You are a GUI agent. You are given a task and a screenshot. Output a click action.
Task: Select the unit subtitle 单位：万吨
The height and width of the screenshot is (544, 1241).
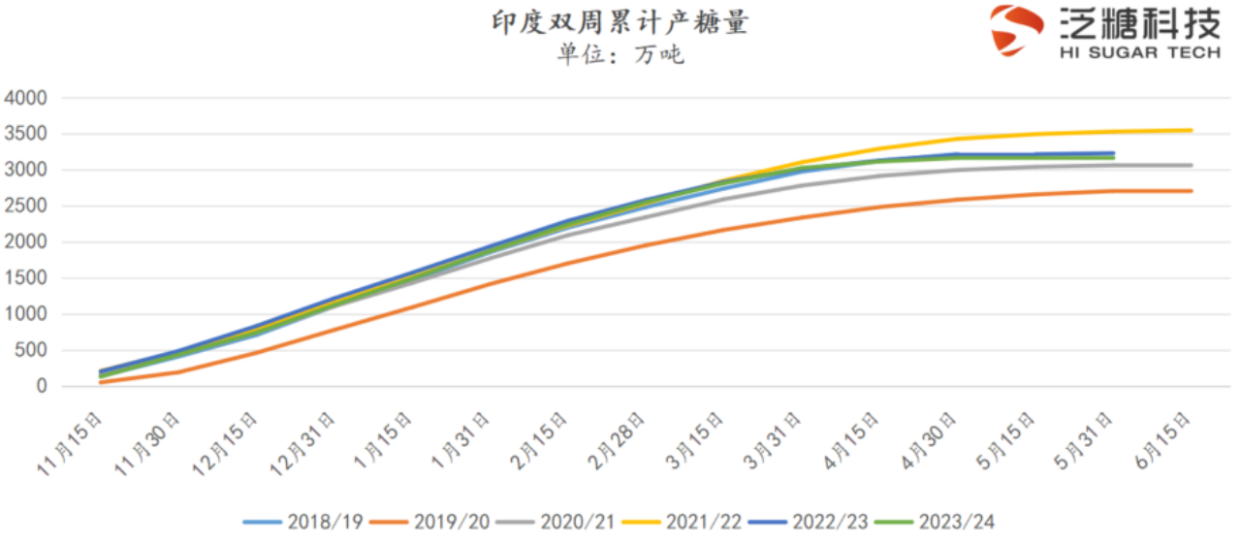click(620, 54)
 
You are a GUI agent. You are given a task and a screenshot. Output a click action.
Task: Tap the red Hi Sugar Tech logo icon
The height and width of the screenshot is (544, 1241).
click(1016, 30)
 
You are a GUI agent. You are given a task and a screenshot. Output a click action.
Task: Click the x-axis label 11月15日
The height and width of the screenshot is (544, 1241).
click(73, 442)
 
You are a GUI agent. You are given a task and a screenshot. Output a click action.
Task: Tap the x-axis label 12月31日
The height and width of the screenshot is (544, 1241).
click(306, 442)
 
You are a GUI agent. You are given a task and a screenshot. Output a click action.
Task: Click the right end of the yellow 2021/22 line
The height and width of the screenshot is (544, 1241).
click(1191, 130)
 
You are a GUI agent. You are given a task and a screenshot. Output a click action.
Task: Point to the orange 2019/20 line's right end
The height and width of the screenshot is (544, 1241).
click(1191, 191)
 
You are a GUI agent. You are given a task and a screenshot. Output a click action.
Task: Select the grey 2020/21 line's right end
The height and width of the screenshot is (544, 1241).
click(1191, 165)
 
